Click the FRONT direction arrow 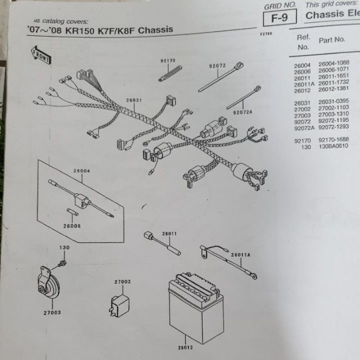point(41,54)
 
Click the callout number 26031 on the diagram point(134,100)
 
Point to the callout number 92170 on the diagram point(168,60)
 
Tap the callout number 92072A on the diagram point(242,112)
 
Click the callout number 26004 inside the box point(81,170)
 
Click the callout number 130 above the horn point(65,248)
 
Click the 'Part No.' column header point(331,40)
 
